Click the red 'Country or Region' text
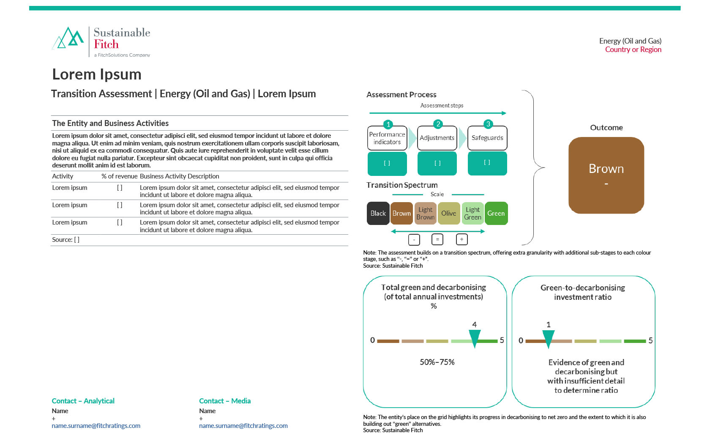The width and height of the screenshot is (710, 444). (x=633, y=49)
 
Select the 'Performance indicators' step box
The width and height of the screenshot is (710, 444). (x=387, y=138)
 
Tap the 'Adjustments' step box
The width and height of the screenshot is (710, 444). (x=437, y=138)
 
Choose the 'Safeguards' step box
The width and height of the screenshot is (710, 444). (x=487, y=138)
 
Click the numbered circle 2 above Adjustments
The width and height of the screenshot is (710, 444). (x=438, y=124)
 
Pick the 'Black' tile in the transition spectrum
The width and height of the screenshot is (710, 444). (x=378, y=213)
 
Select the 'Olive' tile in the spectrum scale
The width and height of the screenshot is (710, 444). (x=448, y=213)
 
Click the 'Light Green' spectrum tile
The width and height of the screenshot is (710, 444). (x=472, y=213)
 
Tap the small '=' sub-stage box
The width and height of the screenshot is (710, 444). (x=437, y=239)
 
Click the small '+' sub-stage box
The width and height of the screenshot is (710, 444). (x=461, y=239)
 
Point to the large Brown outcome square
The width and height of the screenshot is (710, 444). (x=606, y=175)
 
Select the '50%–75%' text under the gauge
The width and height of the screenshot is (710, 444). (x=437, y=362)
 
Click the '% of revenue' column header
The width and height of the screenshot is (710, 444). (x=119, y=176)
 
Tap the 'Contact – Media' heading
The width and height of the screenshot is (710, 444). (x=225, y=401)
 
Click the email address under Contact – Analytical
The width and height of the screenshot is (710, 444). (x=96, y=426)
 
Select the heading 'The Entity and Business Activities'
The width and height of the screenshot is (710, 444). (x=110, y=123)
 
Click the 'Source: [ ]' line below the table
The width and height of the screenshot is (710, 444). (x=66, y=240)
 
